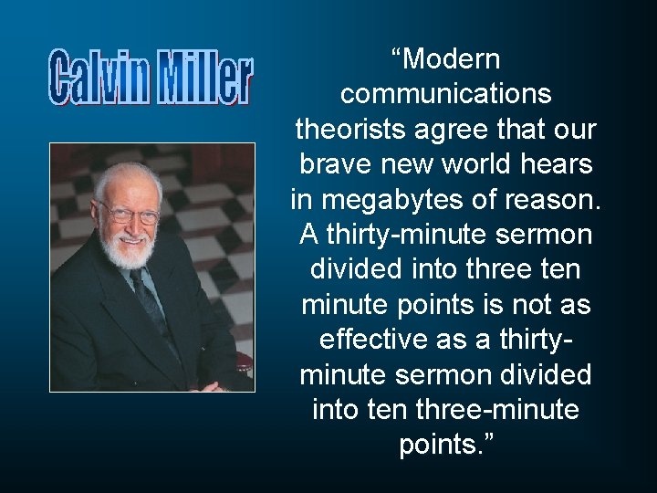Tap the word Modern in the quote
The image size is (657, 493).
click(x=452, y=60)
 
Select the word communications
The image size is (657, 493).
click(x=445, y=95)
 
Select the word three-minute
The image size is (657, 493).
click(x=497, y=409)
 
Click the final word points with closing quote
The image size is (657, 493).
click(x=445, y=445)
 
